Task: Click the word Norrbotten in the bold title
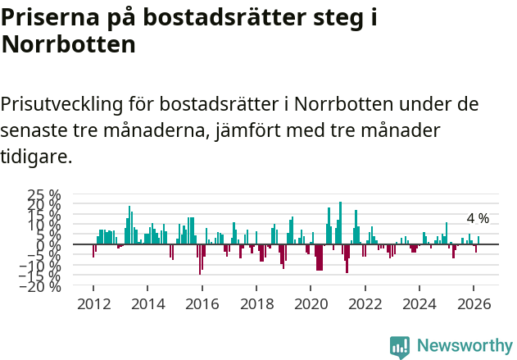(69, 44)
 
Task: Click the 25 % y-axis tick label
(43, 194)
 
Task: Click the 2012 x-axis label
(93, 303)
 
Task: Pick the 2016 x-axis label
(202, 303)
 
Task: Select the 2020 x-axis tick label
(311, 303)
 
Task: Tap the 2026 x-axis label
(474, 303)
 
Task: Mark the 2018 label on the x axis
(256, 303)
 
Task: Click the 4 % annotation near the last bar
(478, 218)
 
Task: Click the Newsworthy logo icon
(400, 346)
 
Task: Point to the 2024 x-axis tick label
(419, 303)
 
